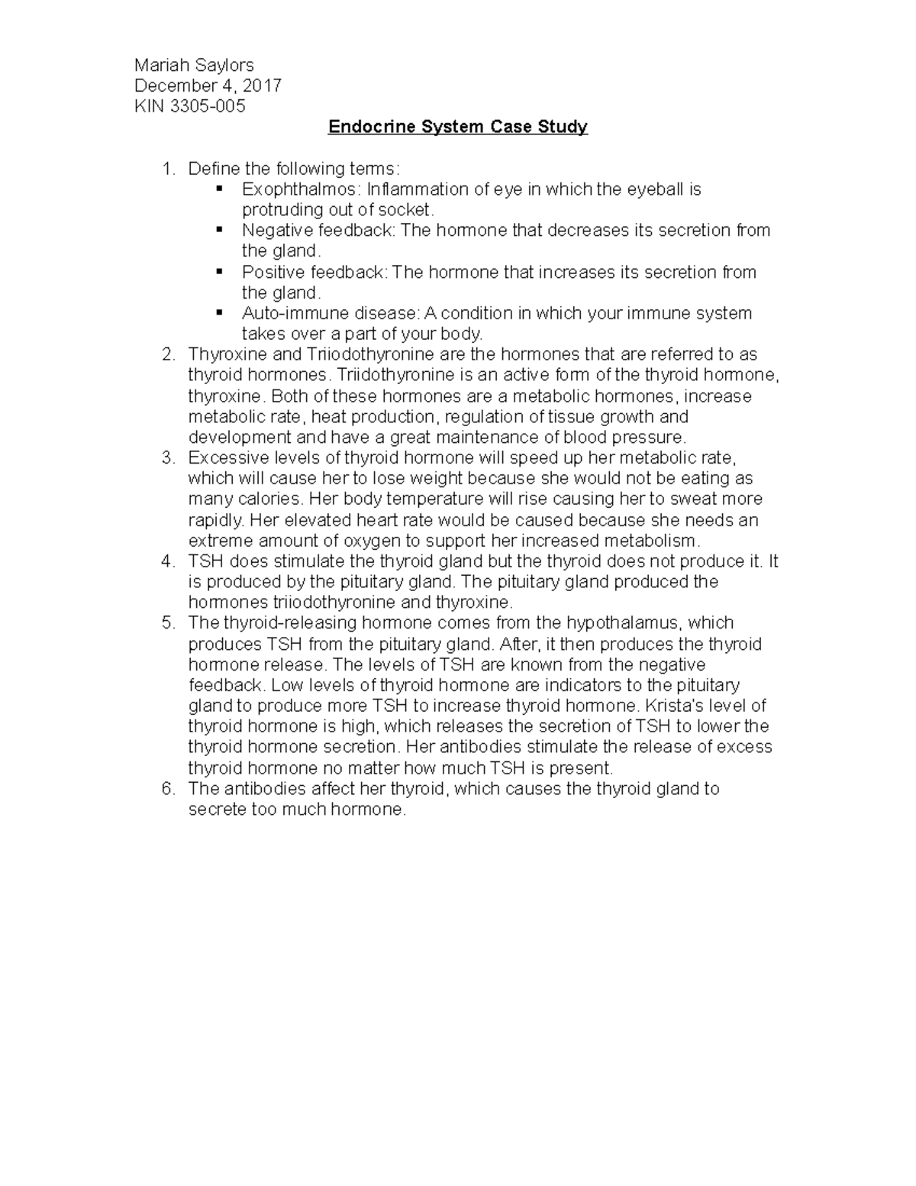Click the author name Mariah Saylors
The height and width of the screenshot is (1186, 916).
pyautogui.click(x=194, y=66)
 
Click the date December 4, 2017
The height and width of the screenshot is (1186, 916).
pyautogui.click(x=208, y=86)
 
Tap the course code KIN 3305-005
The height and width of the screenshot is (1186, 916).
pyautogui.click(x=190, y=106)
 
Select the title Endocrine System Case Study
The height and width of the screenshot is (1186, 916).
pyautogui.click(x=458, y=127)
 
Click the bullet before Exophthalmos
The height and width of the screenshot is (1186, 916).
pyautogui.click(x=219, y=188)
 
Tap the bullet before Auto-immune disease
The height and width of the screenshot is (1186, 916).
pyautogui.click(x=219, y=312)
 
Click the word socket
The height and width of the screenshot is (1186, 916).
pyautogui.click(x=408, y=210)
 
